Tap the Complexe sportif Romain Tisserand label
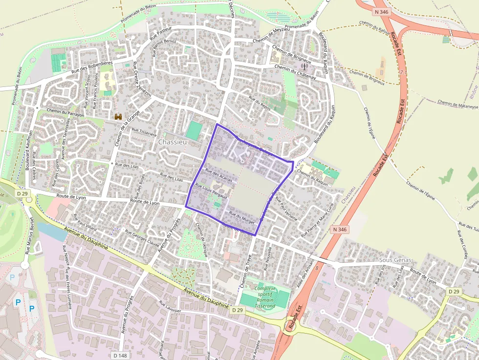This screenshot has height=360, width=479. coord(265,297)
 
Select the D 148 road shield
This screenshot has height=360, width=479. coord(120,355)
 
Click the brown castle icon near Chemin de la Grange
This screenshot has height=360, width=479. coord(118,116)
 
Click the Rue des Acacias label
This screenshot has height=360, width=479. coord(219,174)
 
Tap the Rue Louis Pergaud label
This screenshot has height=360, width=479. coord(211,191)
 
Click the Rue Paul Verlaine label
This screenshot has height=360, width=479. coord(286,209)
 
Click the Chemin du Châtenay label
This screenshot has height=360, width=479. coord(295,72)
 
